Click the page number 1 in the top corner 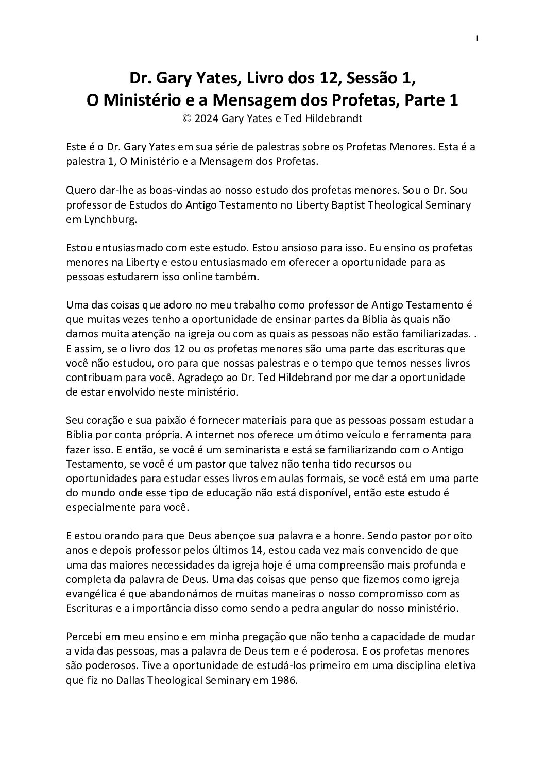pyautogui.click(x=477, y=39)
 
